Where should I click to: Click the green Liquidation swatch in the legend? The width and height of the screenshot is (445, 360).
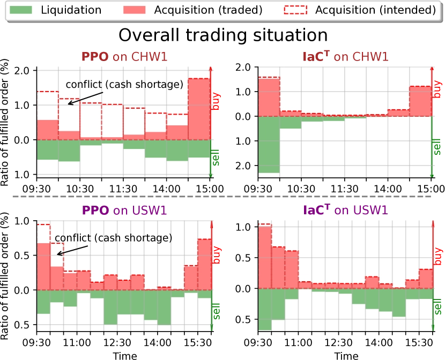(20, 10)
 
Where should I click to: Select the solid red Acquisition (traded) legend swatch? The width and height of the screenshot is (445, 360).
(134, 10)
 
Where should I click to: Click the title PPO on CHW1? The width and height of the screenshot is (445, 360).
(124, 57)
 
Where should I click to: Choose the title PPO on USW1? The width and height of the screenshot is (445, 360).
(124, 211)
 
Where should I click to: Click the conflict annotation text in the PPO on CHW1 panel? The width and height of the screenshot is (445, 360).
(124, 85)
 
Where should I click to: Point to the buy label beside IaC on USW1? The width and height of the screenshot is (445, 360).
(439, 254)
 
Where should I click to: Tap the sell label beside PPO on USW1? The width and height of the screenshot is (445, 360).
(217, 311)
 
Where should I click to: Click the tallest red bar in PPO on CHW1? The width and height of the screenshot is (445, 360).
(198, 109)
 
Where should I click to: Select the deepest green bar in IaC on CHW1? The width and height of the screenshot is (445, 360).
(269, 145)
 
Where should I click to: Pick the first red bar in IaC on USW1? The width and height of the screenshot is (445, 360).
(265, 258)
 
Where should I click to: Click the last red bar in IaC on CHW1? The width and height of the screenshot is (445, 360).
(420, 101)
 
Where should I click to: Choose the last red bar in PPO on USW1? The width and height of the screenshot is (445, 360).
(205, 264)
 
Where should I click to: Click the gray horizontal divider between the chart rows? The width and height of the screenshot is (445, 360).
(221, 197)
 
